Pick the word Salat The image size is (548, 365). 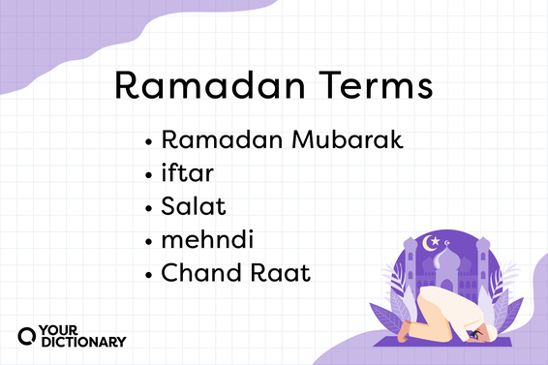(192, 207)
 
